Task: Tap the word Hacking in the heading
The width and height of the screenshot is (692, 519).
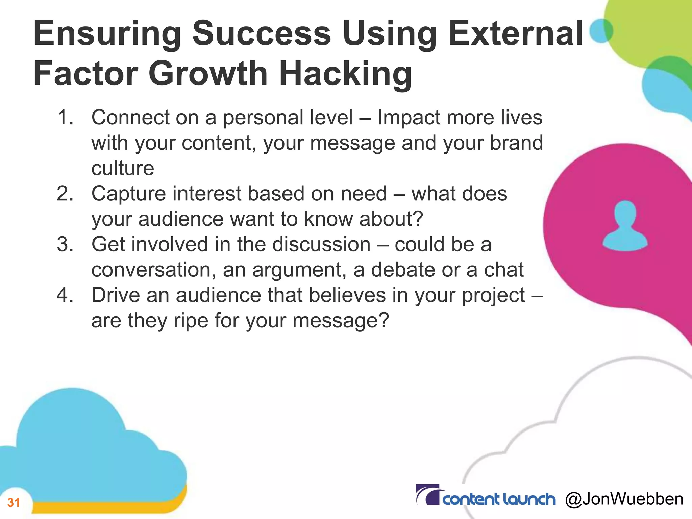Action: (345, 74)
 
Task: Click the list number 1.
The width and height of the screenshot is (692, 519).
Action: (65, 118)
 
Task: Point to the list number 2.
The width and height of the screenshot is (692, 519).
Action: (65, 194)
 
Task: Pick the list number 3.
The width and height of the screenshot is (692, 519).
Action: (65, 244)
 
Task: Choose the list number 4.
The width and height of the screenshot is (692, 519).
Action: (65, 295)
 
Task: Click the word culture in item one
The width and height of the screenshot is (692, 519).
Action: (123, 168)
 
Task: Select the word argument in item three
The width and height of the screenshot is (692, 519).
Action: (299, 270)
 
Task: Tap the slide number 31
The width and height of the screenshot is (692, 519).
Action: (14, 503)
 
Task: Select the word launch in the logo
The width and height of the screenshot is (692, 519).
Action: (528, 499)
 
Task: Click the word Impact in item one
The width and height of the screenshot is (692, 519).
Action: (409, 118)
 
